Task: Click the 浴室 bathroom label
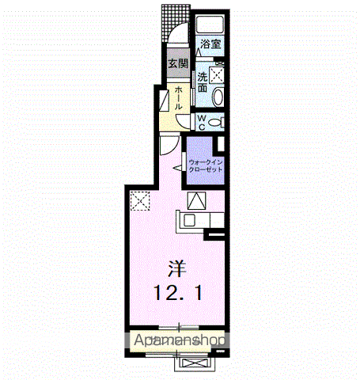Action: [x=210, y=44]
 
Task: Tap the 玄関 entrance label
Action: [x=179, y=63]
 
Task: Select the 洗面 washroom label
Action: [x=203, y=82]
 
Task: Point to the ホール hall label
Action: [x=178, y=98]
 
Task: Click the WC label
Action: [x=202, y=122]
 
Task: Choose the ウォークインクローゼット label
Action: [x=206, y=165]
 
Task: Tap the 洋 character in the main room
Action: [x=177, y=268]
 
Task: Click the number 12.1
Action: [x=178, y=293]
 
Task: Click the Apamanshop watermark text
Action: [x=180, y=340]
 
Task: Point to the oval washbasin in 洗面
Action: [x=218, y=97]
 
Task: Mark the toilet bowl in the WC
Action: [x=214, y=122]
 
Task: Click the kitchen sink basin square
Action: [x=189, y=220]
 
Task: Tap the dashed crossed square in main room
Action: [x=140, y=201]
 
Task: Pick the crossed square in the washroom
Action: [x=217, y=75]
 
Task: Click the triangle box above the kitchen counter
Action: [x=196, y=200]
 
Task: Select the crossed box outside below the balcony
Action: [x=195, y=363]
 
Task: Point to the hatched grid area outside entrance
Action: [x=175, y=22]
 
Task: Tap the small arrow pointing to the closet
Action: [x=178, y=168]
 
